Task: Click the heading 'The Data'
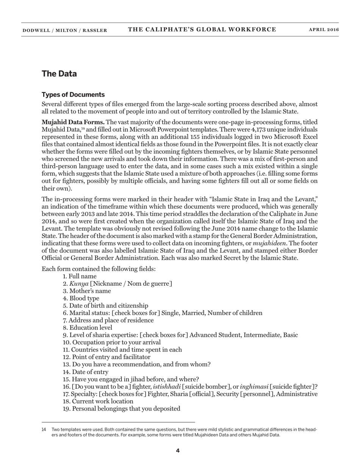pos(59,74)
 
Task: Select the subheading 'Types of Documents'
pos(73,95)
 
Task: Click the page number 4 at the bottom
pos(178,450)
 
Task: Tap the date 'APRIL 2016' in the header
pos(324,30)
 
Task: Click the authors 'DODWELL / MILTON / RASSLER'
pos(65,30)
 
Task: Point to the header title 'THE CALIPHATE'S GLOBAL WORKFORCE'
pos(202,30)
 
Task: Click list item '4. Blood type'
pos(81,298)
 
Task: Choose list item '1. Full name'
pos(80,276)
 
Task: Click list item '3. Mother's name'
pos(87,291)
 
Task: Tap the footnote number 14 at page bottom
pos(44,430)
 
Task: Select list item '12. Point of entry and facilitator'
pos(106,357)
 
